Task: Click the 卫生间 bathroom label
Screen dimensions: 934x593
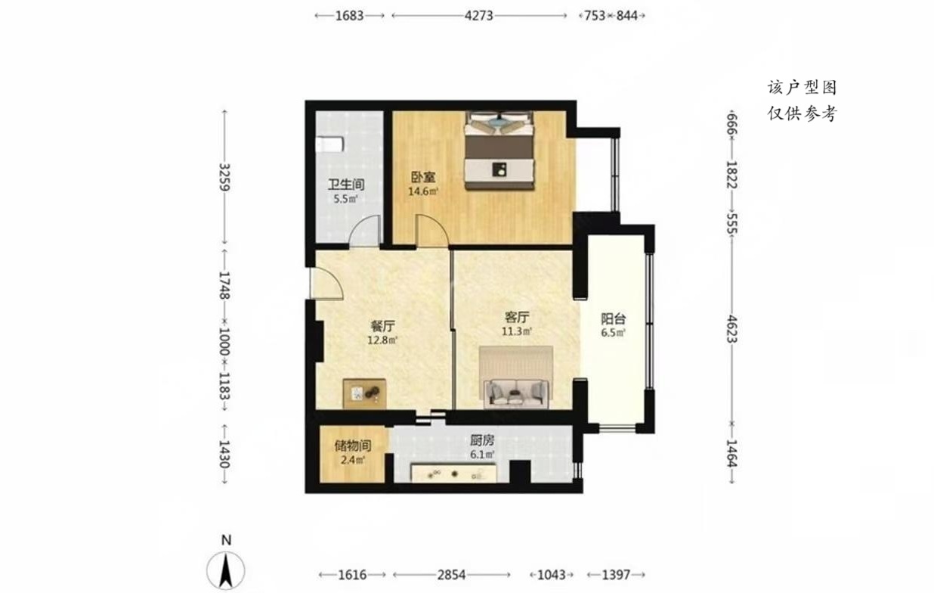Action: click(x=346, y=184)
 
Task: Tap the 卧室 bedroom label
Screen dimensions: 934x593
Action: click(x=423, y=177)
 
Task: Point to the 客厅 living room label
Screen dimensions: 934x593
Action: click(x=517, y=317)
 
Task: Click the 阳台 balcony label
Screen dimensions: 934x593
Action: click(x=614, y=319)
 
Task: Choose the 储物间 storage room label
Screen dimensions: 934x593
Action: click(x=353, y=446)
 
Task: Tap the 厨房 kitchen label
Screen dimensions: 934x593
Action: click(x=482, y=440)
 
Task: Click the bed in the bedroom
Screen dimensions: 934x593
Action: click(x=499, y=151)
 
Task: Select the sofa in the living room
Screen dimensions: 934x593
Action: click(x=516, y=393)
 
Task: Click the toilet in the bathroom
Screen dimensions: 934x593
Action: click(x=329, y=144)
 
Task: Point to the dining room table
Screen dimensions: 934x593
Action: click(x=364, y=393)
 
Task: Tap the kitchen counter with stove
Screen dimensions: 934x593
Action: click(x=453, y=473)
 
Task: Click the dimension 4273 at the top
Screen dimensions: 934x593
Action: click(x=479, y=16)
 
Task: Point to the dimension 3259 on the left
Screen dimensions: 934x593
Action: click(x=224, y=177)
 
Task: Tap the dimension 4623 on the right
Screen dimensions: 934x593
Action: click(x=732, y=329)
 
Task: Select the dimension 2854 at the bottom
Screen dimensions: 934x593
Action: click(x=452, y=575)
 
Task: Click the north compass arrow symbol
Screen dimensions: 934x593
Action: click(x=226, y=570)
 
